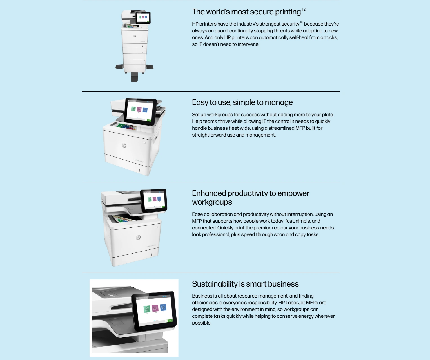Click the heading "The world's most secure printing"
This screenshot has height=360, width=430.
click(246, 12)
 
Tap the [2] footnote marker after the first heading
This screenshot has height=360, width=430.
click(304, 10)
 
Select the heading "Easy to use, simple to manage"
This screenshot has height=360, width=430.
click(242, 102)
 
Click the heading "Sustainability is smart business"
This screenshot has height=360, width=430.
click(245, 284)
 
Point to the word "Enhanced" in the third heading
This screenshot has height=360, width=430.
click(209, 193)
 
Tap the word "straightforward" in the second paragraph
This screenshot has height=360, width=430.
click(209, 135)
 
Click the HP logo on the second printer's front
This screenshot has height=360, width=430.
click(124, 146)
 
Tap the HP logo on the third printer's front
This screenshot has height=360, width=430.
click(138, 238)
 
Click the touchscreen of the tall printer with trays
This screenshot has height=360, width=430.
click(143, 18)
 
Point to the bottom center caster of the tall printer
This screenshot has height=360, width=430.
click(134, 77)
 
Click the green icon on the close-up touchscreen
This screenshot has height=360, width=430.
click(147, 309)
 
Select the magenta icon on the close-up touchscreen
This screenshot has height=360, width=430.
click(155, 308)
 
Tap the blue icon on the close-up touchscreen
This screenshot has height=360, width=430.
click(163, 307)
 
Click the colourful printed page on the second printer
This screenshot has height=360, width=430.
click(126, 126)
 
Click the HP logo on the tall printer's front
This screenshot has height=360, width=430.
click(135, 36)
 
